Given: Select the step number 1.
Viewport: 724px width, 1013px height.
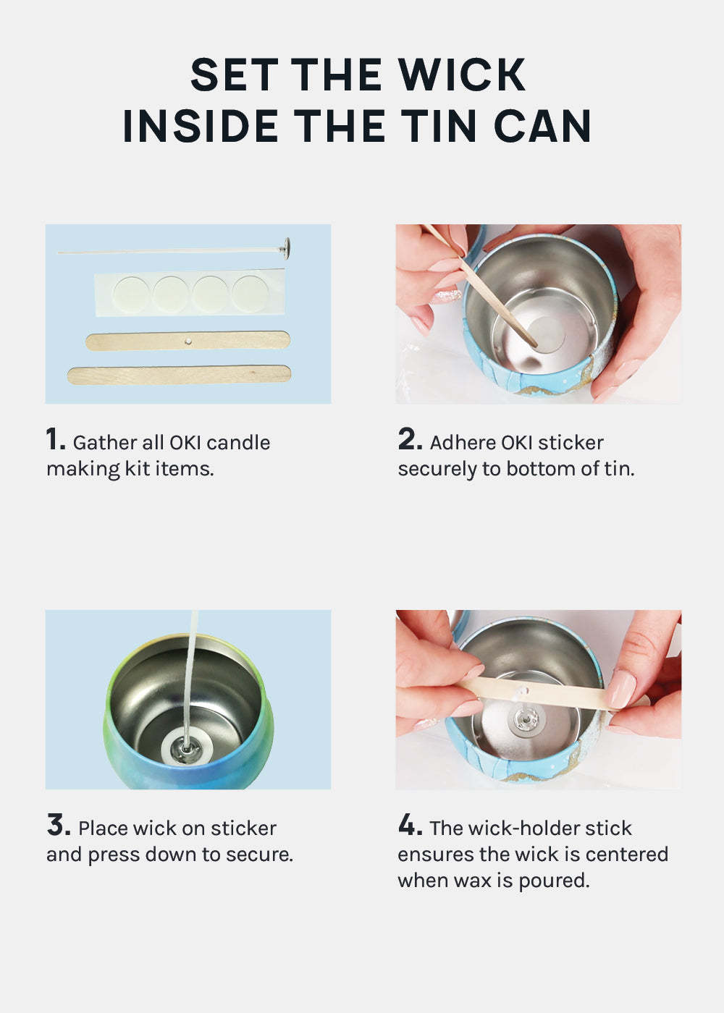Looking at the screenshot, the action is (x=56, y=439).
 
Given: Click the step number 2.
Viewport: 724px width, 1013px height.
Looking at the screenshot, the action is (x=411, y=439).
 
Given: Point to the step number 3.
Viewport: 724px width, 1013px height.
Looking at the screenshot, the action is (x=59, y=825).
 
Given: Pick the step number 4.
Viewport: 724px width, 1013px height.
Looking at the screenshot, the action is (x=411, y=825).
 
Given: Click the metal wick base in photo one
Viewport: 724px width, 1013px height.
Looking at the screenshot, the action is (x=286, y=247).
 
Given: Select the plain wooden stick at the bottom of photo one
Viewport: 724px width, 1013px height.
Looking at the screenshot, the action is (x=180, y=375).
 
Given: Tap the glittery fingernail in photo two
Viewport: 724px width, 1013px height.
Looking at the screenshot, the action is (x=447, y=296).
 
